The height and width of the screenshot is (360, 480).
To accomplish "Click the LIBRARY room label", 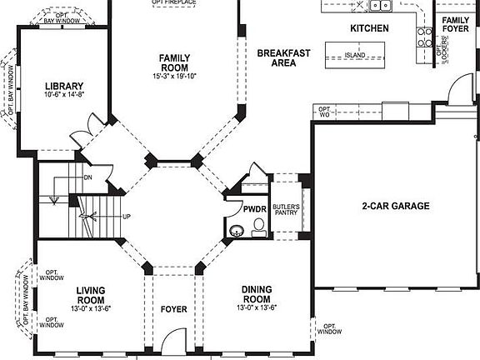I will click(63, 86).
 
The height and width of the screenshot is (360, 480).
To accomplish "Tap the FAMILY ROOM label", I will click(175, 62).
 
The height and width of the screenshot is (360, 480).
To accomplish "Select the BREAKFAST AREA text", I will click(282, 57).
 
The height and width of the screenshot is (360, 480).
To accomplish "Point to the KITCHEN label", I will click(369, 28).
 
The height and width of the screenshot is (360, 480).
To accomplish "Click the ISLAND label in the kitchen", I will click(355, 56).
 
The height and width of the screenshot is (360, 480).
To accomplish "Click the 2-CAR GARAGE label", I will click(395, 206).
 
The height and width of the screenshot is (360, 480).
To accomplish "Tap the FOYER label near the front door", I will click(173, 310).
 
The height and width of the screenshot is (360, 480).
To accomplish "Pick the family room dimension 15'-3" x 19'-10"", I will click(175, 77).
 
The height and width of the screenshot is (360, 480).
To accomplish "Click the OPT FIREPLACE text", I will click(173, 2).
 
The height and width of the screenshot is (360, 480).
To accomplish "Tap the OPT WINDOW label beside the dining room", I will click(330, 329).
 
